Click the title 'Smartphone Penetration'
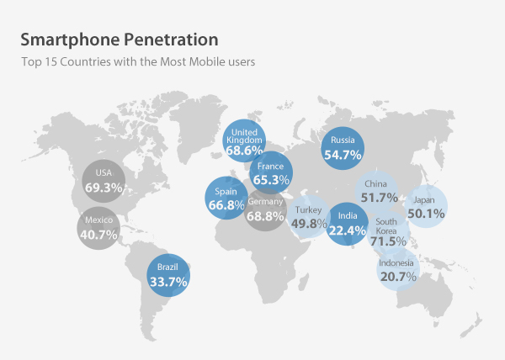(x=119, y=40)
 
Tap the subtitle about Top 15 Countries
(x=138, y=61)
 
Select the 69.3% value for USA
(x=104, y=186)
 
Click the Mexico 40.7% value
(x=101, y=235)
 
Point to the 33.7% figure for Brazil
(x=167, y=282)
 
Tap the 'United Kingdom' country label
(x=245, y=137)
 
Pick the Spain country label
(x=226, y=192)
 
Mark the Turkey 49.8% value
(x=309, y=224)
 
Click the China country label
(x=375, y=184)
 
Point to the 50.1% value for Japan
(x=426, y=214)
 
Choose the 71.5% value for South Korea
(x=388, y=241)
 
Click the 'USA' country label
(x=104, y=172)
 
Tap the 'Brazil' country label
(x=167, y=268)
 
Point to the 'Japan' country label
(x=425, y=200)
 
